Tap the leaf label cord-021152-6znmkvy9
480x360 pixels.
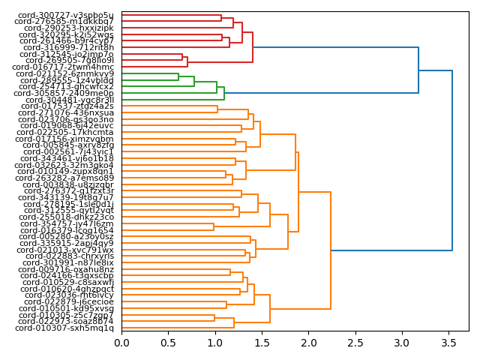point(64,73)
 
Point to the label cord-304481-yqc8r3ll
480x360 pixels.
point(70,100)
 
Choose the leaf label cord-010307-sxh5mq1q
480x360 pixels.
point(64,328)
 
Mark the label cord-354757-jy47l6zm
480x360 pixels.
point(67,223)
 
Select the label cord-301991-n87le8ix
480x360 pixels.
point(66,263)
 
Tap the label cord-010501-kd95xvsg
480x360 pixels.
point(66,308)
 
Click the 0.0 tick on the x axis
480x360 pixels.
point(121,342)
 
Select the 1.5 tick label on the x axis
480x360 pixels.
point(262,342)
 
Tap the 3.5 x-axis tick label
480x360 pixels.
point(449,342)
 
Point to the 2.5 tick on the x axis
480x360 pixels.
point(355,342)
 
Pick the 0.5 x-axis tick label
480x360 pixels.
point(168,342)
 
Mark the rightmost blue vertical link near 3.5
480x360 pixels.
point(452,160)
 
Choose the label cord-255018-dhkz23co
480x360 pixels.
point(66,217)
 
